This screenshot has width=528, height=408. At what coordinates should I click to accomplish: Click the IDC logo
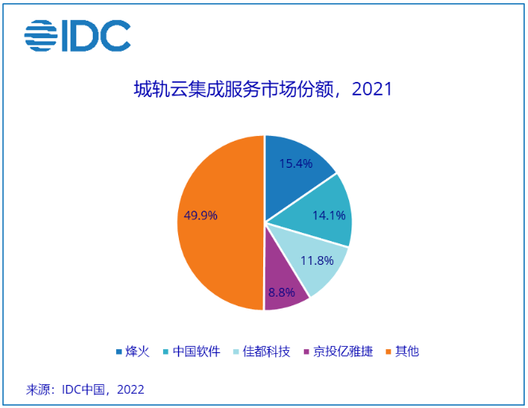[x=77, y=36]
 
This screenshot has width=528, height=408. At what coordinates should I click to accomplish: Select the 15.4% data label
[x=296, y=163]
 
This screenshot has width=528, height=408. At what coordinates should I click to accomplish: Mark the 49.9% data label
[x=200, y=215]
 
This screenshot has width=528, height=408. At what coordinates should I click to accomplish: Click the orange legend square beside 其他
[x=389, y=351]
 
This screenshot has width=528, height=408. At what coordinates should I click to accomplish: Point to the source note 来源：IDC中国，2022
[x=85, y=390]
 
